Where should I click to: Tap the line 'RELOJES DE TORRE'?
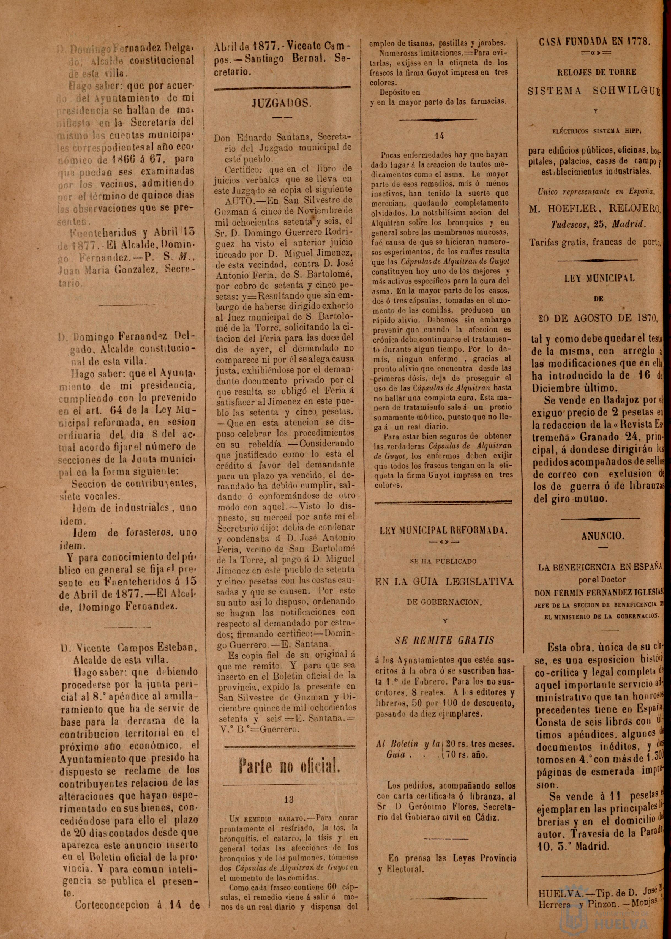tap(597, 72)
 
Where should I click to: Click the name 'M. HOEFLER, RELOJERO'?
tap(595, 210)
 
